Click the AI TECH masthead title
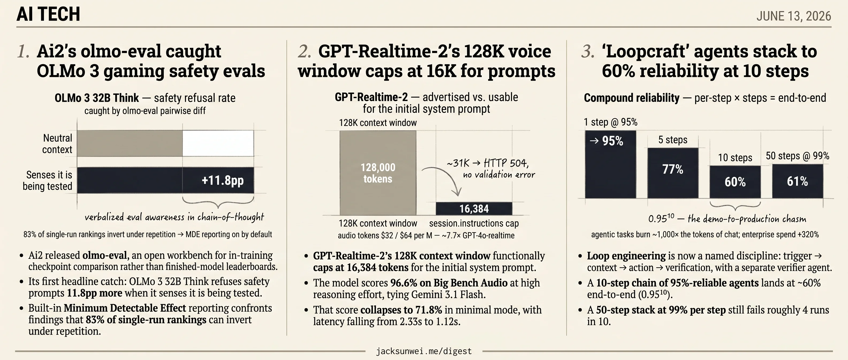click(48, 14)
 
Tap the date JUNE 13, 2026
click(793, 16)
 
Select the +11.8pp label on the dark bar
click(222, 180)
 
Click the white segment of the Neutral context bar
click(218, 143)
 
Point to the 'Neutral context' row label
click(57, 144)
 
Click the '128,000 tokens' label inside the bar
click(378, 173)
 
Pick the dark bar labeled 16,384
click(474, 208)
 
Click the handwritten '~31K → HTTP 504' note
click(487, 163)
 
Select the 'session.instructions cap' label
click(474, 223)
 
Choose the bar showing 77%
click(673, 173)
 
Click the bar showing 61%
click(798, 181)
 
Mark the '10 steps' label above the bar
click(735, 157)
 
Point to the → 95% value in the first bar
click(606, 141)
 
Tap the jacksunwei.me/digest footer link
click(424, 351)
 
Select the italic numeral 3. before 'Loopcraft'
click(588, 51)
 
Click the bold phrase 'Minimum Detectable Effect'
click(125, 308)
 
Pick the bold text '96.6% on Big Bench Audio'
click(449, 283)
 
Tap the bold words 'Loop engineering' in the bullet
click(626, 256)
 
